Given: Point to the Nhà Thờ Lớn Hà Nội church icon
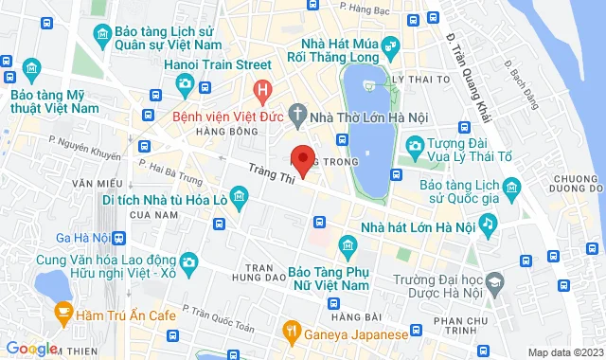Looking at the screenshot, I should tap(297, 118).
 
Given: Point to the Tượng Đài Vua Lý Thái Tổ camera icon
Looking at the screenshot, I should tap(414, 145).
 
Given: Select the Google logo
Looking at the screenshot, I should tap(31, 349).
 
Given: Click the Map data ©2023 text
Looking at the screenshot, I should tap(563, 352).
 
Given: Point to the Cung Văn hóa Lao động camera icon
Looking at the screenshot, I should tap(188, 261).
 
